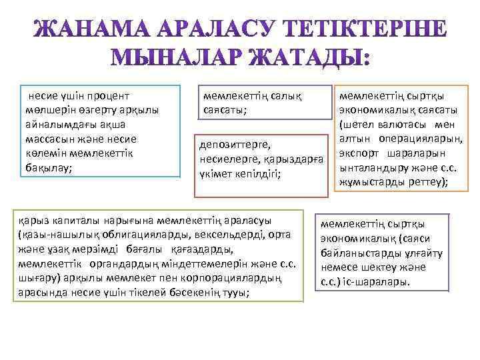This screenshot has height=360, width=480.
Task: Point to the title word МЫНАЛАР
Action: click(x=175, y=59)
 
